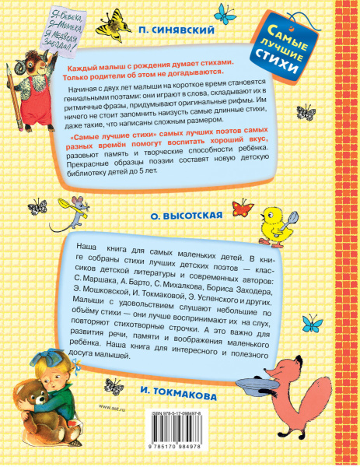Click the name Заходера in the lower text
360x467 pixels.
pos(236,274)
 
